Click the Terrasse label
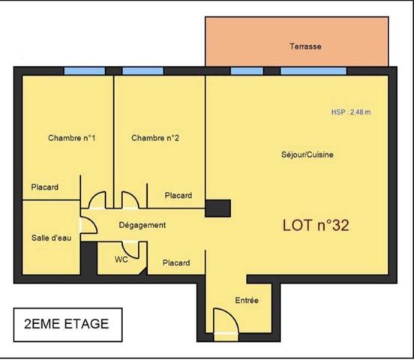point(305,46)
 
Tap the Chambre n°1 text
point(72,138)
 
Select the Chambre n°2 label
point(155,138)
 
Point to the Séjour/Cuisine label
point(307,154)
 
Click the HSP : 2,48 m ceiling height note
point(351,112)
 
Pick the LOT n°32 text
point(316,226)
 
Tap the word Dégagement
point(142,225)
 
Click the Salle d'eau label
point(52,238)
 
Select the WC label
point(121,259)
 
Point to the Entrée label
point(247,300)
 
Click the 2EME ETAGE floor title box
point(67,325)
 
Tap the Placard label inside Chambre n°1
point(44,187)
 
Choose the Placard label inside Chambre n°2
point(178,196)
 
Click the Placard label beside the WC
point(176,263)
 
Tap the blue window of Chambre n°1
point(85,71)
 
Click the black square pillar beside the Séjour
point(217,208)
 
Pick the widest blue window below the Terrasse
point(313,71)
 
